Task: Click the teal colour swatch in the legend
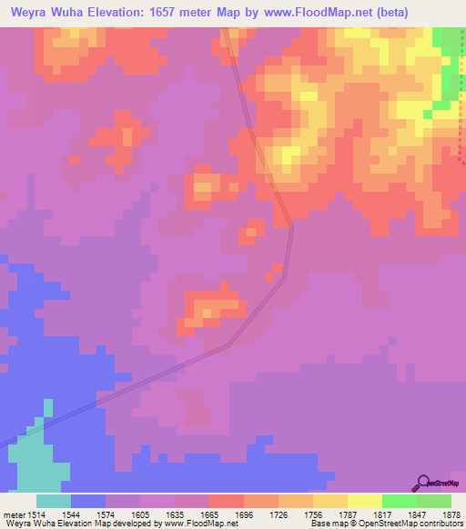point(53,501)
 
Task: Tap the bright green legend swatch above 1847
point(399,501)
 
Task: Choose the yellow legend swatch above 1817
point(364,501)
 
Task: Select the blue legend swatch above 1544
point(87,501)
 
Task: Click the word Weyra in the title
point(31,13)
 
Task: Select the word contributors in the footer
point(441,524)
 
